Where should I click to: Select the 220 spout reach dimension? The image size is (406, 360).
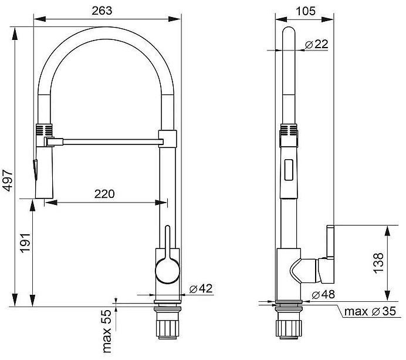coord(104,193)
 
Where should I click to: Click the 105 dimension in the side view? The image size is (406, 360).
coord(305,11)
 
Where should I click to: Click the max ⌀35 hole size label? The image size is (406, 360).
coord(369,311)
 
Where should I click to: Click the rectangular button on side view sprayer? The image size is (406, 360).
coord(287,170)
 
